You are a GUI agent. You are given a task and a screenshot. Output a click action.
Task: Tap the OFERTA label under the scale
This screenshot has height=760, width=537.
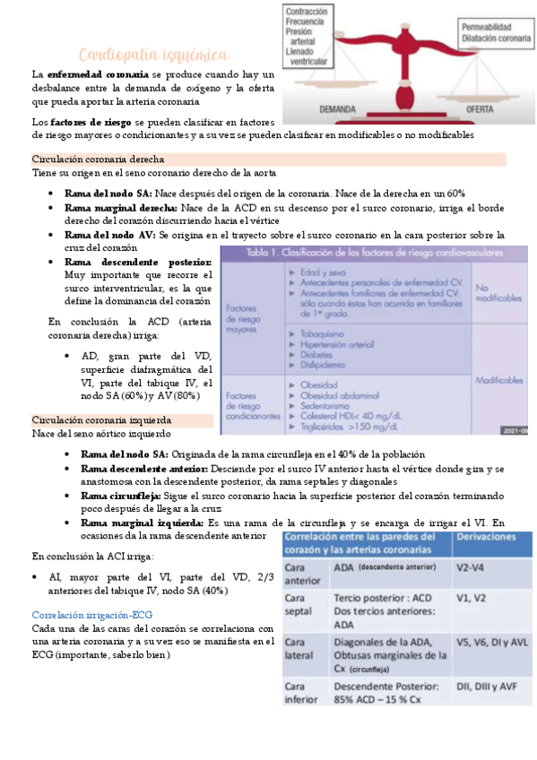483,108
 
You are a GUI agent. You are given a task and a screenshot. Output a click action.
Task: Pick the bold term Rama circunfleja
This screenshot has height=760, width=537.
120,494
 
